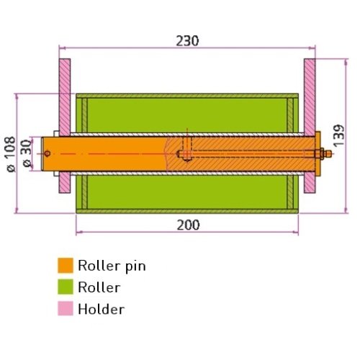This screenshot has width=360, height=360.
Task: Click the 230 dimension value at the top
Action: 187,41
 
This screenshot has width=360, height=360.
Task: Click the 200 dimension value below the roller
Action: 188,225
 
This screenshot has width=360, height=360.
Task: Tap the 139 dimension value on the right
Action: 338,135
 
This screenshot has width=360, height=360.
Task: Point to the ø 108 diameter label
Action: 11,154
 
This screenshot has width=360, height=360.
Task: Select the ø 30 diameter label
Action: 27,153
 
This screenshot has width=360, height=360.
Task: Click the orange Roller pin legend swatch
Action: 66,266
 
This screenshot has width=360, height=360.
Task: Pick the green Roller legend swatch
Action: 66,287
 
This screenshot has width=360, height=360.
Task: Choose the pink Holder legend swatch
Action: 66,308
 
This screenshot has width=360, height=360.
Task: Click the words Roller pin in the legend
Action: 112,266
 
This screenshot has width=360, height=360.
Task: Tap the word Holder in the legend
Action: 102,309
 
